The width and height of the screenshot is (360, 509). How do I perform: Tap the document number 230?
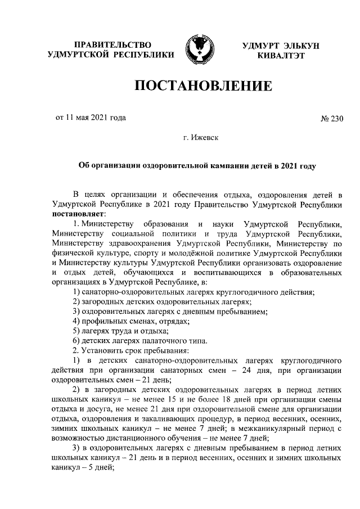(x=335, y=118)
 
